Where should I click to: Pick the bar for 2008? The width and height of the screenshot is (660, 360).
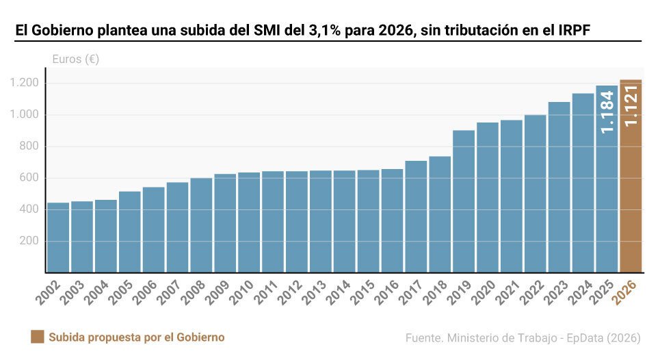[x=201, y=225]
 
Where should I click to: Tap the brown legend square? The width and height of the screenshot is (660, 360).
[x=38, y=337]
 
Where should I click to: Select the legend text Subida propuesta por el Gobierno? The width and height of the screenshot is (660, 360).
[x=136, y=337]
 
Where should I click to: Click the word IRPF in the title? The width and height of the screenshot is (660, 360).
[x=573, y=31]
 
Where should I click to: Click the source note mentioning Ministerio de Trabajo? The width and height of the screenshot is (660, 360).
[x=523, y=338]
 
